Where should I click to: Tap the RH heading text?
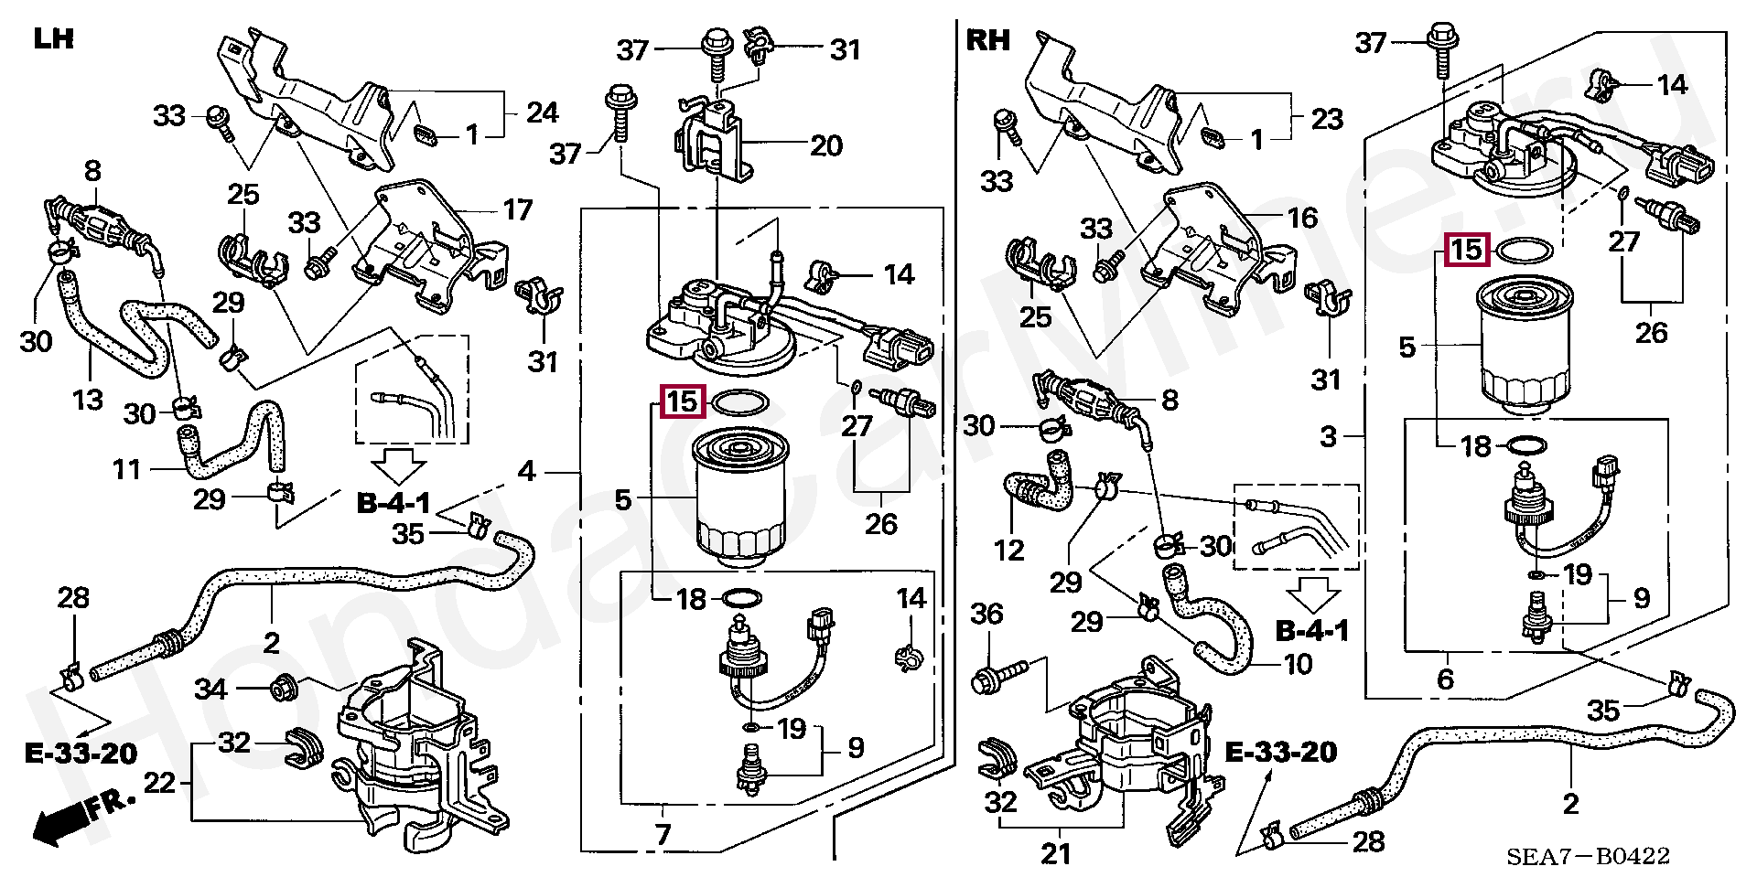pyautogui.click(x=988, y=40)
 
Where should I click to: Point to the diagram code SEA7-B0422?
pyautogui.click(x=1589, y=856)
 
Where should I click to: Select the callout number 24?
pyautogui.click(x=542, y=113)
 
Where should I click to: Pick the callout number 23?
pyautogui.click(x=1327, y=118)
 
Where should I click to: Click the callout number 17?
pyautogui.click(x=518, y=210)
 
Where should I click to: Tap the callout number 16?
pyautogui.click(x=1302, y=218)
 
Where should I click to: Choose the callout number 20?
pyautogui.click(x=826, y=145)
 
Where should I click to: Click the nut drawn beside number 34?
pyautogui.click(x=282, y=688)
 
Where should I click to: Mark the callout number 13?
pyautogui.click(x=88, y=399)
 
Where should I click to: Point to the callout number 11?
pyautogui.click(x=127, y=470)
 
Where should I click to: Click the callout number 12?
pyautogui.click(x=1009, y=550)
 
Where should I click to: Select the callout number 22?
pyautogui.click(x=160, y=784)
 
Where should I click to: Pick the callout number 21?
pyautogui.click(x=1056, y=855)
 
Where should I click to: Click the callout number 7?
pyautogui.click(x=663, y=834)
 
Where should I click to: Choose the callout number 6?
pyautogui.click(x=1445, y=679)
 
